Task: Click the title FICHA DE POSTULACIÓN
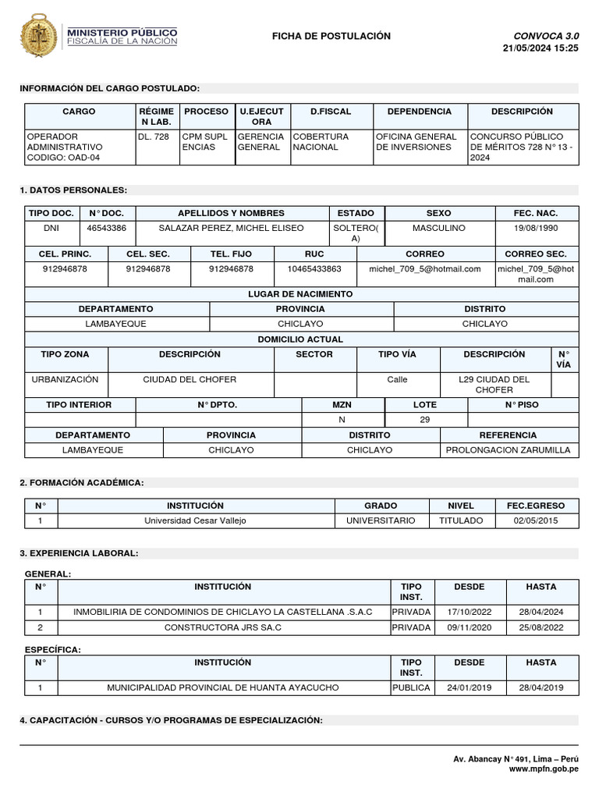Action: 331,36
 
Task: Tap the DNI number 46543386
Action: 107,228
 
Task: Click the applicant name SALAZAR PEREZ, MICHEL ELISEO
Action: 232,228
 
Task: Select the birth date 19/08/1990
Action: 535,228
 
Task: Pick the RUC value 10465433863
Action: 314,268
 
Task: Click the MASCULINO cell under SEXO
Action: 438,228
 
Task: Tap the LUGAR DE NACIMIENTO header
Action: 300,294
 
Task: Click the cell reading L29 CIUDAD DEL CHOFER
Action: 494,384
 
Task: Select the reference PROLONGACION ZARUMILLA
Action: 508,450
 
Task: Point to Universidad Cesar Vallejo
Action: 195,520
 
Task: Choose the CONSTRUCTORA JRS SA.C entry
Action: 222,627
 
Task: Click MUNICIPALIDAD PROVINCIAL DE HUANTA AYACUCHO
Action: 222,687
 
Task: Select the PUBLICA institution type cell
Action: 411,687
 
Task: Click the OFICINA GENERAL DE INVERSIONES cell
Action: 419,141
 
